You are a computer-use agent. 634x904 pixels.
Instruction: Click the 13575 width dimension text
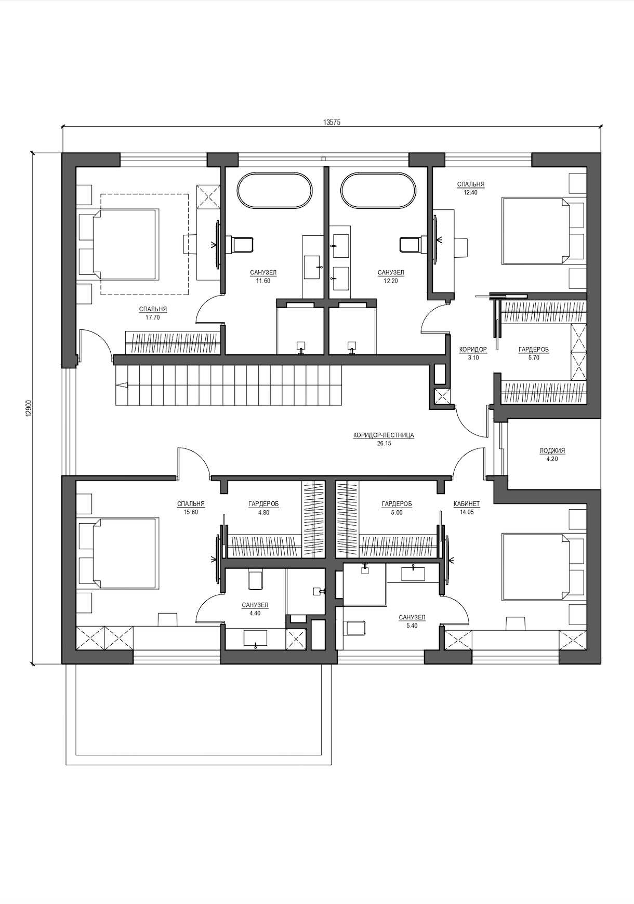332,122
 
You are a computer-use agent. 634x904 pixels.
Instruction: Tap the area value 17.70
153,317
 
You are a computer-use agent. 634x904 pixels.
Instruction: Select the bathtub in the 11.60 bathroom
275,191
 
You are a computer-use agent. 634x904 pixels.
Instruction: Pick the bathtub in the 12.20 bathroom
378,191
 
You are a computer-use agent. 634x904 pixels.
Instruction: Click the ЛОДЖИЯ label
552,450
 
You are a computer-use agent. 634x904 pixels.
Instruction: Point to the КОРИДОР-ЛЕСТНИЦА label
384,435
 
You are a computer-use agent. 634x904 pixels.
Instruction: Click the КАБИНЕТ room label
467,503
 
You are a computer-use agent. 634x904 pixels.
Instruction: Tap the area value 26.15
384,444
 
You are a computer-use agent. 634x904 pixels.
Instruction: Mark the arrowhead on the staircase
121,385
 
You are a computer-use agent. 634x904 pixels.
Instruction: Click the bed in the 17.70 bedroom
125,244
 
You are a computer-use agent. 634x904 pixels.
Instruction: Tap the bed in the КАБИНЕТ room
536,566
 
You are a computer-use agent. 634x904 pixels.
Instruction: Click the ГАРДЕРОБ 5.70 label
533,353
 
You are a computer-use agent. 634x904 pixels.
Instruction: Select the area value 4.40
255,613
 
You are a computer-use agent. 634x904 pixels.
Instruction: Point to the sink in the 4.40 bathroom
255,639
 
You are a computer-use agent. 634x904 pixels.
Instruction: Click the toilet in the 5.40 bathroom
356,628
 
